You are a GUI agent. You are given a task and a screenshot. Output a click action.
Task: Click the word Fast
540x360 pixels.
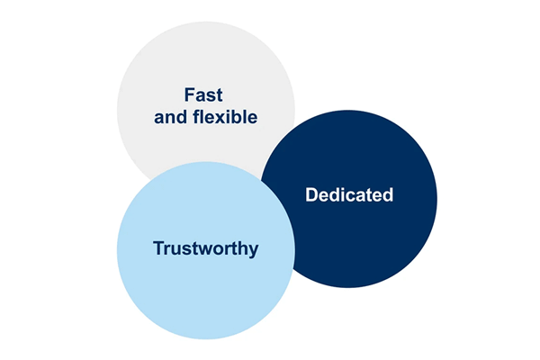pyautogui.click(x=203, y=94)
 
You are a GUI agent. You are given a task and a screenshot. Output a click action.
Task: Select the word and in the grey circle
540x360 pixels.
pyautogui.click(x=171, y=117)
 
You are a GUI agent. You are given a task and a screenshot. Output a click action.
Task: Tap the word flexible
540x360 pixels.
pyautogui.click(x=225, y=117)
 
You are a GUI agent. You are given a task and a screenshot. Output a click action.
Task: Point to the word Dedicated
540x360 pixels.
pyautogui.click(x=349, y=194)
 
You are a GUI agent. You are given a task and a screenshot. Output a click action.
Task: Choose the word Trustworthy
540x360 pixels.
pyautogui.click(x=205, y=248)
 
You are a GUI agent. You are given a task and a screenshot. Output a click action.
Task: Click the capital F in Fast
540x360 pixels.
pyautogui.click(x=189, y=94)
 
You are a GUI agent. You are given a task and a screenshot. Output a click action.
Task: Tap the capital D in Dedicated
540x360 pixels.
pyautogui.click(x=311, y=194)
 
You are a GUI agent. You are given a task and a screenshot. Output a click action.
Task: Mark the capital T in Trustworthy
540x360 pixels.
pyautogui.click(x=159, y=248)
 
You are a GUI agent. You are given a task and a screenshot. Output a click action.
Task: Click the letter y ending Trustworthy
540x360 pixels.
pyautogui.click(x=254, y=251)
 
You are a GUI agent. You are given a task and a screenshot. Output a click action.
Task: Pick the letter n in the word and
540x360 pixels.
pyautogui.click(x=171, y=119)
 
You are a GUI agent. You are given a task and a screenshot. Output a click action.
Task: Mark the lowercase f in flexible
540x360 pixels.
pyautogui.click(x=196, y=116)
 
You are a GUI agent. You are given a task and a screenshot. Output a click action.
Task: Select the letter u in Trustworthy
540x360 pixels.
pyautogui.click(x=176, y=250)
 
